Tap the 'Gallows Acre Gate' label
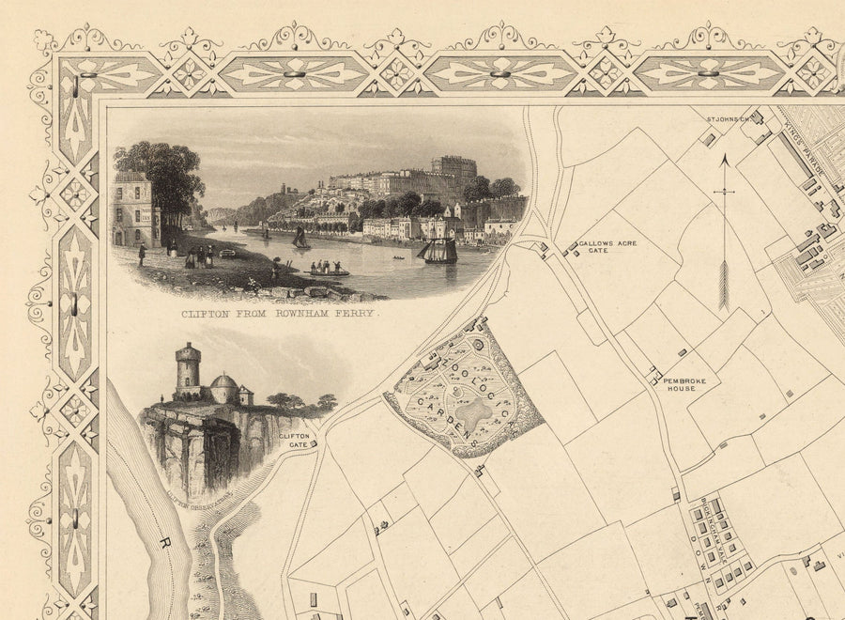click(607, 247)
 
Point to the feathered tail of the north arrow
click(723, 287)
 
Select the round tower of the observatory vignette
click(189, 370)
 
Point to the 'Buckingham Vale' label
click(703, 527)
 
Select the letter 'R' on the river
click(166, 542)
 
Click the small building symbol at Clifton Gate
click(315, 441)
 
